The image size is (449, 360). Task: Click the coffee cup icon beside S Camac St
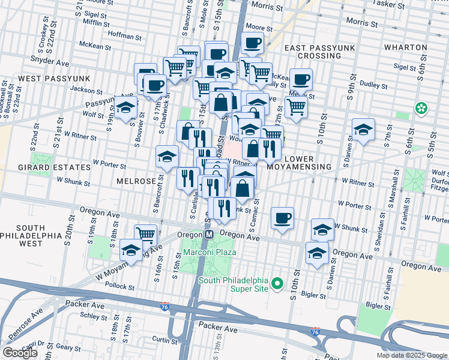coord(282,218)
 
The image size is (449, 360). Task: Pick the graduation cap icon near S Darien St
coord(363,130)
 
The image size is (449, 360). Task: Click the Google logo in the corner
coord(20,353)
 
